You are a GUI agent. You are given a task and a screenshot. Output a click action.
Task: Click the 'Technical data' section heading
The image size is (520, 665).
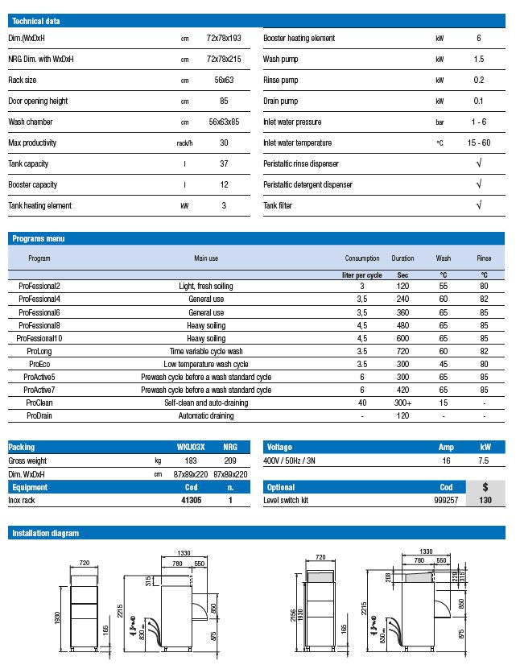[35, 21]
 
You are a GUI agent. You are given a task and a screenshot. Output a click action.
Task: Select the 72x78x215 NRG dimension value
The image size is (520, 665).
[224, 60]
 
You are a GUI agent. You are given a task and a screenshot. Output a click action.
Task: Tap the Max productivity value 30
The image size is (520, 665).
[224, 143]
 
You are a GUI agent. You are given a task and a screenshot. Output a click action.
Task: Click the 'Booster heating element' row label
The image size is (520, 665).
[299, 39]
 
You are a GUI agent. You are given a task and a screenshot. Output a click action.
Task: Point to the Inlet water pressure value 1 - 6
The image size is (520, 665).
[479, 122]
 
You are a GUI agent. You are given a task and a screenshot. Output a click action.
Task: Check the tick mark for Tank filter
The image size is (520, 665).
[479, 205]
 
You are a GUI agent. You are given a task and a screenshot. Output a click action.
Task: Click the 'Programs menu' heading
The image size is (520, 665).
[39, 239]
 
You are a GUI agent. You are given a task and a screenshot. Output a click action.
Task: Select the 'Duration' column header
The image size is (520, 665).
[402, 258]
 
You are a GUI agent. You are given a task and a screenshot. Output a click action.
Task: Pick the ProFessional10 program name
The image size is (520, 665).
[39, 338]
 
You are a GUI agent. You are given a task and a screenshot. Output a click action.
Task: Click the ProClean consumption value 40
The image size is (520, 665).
[362, 403]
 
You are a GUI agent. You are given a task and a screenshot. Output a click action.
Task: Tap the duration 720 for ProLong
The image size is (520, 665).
[402, 351]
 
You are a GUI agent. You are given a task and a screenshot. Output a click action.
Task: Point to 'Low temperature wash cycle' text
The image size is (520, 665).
[206, 364]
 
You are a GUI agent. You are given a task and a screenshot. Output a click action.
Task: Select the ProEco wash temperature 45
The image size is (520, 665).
[443, 364]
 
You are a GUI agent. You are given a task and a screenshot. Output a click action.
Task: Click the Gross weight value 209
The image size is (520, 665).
[230, 461]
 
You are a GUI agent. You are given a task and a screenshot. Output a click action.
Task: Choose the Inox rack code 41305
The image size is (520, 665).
[190, 500]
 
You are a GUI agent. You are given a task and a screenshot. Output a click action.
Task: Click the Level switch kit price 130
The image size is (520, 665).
[485, 500]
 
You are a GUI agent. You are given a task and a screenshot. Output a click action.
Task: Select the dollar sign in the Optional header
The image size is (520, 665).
[485, 487]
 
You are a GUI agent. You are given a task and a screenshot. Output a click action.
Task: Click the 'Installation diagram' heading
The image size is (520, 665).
[45, 533]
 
